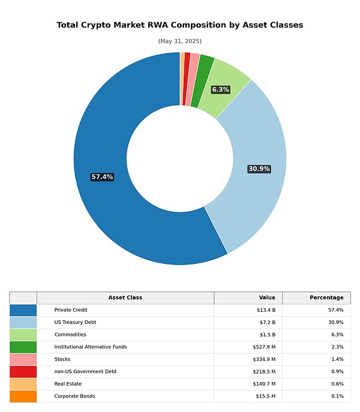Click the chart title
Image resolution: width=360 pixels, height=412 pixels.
coord(180,25)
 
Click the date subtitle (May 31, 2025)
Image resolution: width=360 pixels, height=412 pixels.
coord(180,41)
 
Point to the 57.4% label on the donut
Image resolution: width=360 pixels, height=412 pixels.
coord(102,177)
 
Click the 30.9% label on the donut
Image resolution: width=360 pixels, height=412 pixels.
coord(259,169)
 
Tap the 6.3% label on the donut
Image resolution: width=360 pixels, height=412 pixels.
coord(221,89)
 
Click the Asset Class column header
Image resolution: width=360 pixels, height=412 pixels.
coord(125,297)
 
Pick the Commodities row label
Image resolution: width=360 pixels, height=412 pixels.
coord(70,335)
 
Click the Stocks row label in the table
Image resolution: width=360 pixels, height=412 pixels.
coord(62,359)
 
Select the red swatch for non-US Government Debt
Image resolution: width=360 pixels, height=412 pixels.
coord(23,371)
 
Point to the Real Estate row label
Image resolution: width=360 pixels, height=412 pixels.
coord(68,384)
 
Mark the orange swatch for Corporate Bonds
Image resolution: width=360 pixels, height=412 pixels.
coord(23,396)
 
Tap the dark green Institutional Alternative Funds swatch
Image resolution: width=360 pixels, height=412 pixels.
coord(23,347)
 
